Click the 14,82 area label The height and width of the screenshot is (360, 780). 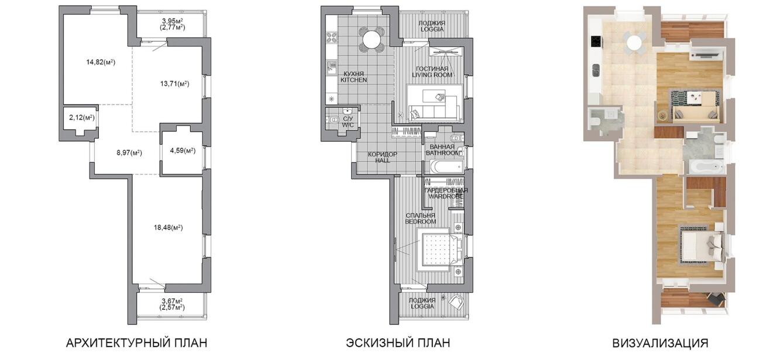[101, 63]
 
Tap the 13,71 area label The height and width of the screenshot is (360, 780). [174, 84]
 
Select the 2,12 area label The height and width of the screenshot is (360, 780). [82, 118]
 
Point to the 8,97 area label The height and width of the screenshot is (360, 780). [129, 153]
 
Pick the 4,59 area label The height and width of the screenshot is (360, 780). [183, 150]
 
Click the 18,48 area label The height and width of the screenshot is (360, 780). [168, 228]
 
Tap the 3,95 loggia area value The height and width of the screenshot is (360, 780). [173, 21]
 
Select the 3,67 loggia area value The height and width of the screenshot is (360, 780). [172, 301]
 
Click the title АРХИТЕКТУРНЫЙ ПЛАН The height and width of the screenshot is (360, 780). [136, 343]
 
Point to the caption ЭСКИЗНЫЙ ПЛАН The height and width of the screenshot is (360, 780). [398, 343]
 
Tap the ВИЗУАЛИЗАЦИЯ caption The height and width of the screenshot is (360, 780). [660, 343]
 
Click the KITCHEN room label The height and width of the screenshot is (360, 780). [353, 80]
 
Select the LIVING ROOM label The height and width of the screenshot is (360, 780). [432, 75]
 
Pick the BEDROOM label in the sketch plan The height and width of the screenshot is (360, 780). [421, 222]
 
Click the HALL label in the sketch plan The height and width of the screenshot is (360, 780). [382, 160]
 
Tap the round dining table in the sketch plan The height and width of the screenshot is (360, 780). [372, 40]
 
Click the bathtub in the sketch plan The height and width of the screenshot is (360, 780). [446, 167]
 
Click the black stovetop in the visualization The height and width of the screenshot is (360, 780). [596, 42]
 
